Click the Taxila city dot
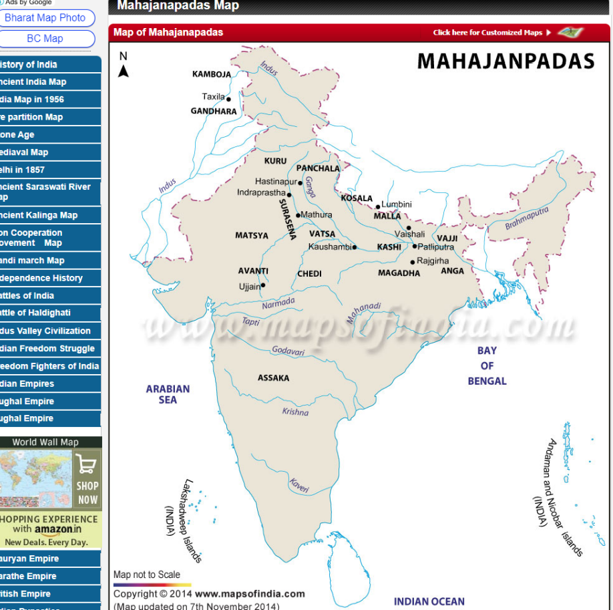click(x=229, y=100)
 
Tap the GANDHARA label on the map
click(x=214, y=112)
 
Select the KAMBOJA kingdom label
click(x=212, y=74)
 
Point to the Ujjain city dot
click(x=263, y=285)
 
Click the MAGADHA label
click(x=399, y=273)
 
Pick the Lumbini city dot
click(x=377, y=206)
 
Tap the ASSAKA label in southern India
click(x=274, y=378)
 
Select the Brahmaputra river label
click(x=527, y=218)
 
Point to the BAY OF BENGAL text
click(x=487, y=365)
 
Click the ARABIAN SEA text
click(x=168, y=394)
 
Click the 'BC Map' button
click(x=45, y=39)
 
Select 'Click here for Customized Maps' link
click(x=488, y=32)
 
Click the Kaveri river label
click(x=299, y=486)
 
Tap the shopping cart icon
click(x=87, y=464)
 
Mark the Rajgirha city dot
click(x=413, y=262)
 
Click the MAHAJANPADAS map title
click(x=505, y=61)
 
